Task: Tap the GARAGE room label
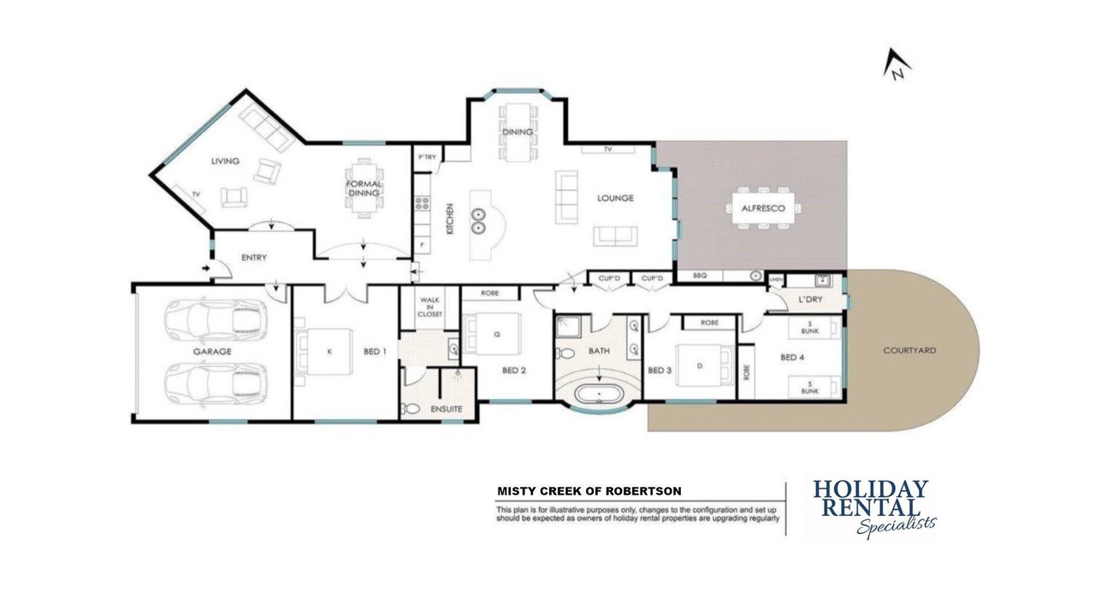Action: (x=212, y=352)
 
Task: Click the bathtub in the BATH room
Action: (x=599, y=394)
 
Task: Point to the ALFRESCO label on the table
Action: (x=763, y=208)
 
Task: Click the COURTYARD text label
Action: (x=909, y=351)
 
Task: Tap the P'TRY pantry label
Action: (x=427, y=157)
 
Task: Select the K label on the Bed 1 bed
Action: (x=329, y=352)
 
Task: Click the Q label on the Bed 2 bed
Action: (x=497, y=335)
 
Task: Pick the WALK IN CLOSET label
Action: (x=429, y=307)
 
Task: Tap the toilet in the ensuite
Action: (x=410, y=409)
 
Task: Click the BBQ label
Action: (x=700, y=275)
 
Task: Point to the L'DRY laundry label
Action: (x=810, y=299)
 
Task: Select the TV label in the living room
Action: (x=196, y=194)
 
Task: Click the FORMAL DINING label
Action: (x=364, y=188)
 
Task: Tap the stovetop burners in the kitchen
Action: (x=423, y=203)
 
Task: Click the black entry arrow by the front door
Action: (x=206, y=269)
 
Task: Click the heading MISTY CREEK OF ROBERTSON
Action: (x=589, y=491)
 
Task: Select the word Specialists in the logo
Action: (x=896, y=526)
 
